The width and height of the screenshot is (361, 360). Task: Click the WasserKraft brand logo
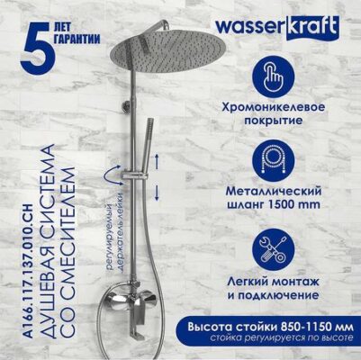click(x=277, y=28)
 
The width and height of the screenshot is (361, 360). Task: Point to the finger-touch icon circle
click(x=273, y=76)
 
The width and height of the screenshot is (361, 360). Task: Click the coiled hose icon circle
click(x=273, y=160)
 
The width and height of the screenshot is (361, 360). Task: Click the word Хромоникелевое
click(x=274, y=107)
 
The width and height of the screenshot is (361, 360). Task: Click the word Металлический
click(x=274, y=191)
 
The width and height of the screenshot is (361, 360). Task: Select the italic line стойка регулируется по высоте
click(x=282, y=337)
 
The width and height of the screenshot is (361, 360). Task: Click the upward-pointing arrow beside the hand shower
click(x=157, y=161)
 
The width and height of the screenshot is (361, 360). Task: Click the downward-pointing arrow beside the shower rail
click(x=157, y=193)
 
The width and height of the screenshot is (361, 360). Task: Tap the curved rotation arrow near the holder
click(x=112, y=175)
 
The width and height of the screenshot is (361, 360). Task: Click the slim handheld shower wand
click(x=149, y=146)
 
